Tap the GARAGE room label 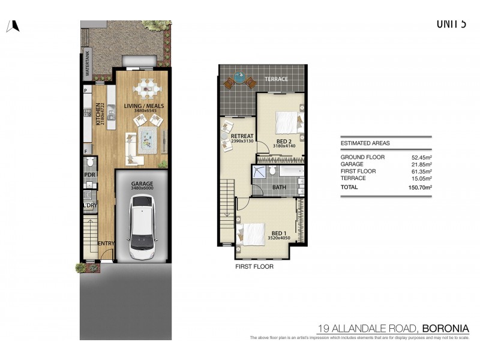pyautogui.click(x=143, y=184)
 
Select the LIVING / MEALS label pyautogui.click(x=144, y=106)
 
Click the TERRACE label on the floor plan pyautogui.click(x=276, y=79)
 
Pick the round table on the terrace pyautogui.click(x=239, y=77)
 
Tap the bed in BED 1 pyautogui.click(x=252, y=233)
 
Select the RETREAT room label pyautogui.click(x=241, y=136)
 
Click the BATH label pyautogui.click(x=280, y=187)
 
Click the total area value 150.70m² pyautogui.click(x=420, y=187)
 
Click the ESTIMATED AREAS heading pyautogui.click(x=365, y=143)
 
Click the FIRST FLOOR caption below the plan pyautogui.click(x=254, y=266)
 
